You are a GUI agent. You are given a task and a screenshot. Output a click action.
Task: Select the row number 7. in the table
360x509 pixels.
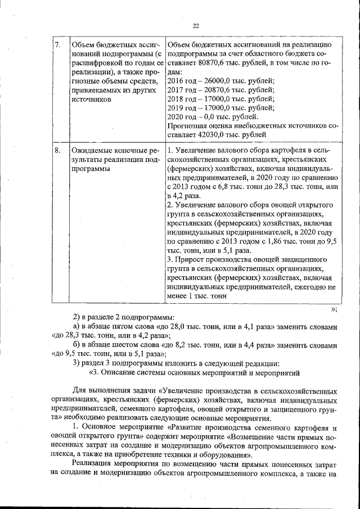coord(57,44)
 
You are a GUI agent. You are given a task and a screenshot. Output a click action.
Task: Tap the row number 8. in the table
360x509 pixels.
coord(57,151)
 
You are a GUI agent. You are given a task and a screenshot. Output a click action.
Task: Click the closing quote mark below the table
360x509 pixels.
coord(334,308)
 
